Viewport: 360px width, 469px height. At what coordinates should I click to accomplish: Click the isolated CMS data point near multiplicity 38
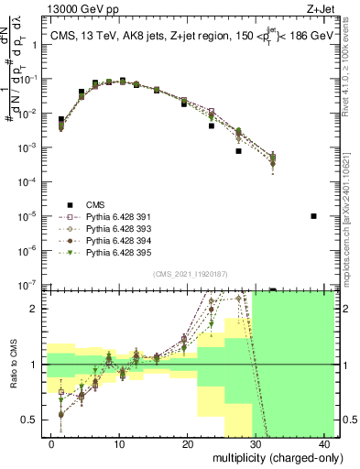point(313,216)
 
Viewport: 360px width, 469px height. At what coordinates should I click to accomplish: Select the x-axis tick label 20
point(188,442)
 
